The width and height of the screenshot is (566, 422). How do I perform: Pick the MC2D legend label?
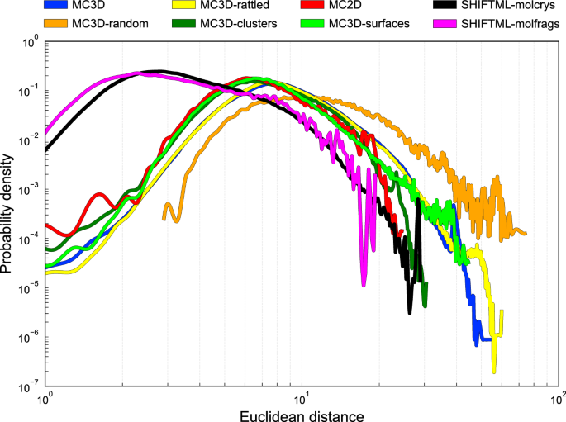pyautogui.click(x=347, y=7)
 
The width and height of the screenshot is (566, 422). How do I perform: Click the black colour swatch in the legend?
pyautogui.click(x=447, y=7)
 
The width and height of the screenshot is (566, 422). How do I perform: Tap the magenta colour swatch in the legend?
pyautogui.click(x=447, y=23)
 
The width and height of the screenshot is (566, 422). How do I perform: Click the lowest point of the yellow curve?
pyautogui.click(x=494, y=371)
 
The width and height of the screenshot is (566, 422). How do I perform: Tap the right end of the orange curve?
pyautogui.click(x=526, y=234)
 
